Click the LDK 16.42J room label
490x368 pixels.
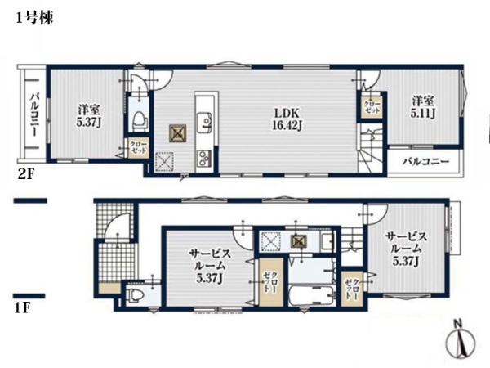pyautogui.click(x=287, y=119)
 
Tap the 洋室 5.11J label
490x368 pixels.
pyautogui.click(x=422, y=107)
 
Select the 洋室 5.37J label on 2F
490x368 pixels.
pyautogui.click(x=89, y=116)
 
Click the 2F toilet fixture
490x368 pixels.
pyautogui.click(x=140, y=120)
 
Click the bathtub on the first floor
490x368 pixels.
pyautogui.click(x=311, y=294)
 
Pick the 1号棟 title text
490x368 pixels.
pyautogui.click(x=34, y=17)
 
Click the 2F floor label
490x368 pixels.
pyautogui.click(x=25, y=174)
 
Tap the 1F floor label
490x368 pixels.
pyautogui.click(x=22, y=308)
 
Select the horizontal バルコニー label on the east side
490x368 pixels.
pyautogui.click(x=425, y=162)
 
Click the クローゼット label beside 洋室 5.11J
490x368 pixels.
pyautogui.click(x=372, y=107)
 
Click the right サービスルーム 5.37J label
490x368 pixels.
pyautogui.click(x=406, y=249)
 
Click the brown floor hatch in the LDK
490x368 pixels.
pyautogui.click(x=178, y=133)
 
